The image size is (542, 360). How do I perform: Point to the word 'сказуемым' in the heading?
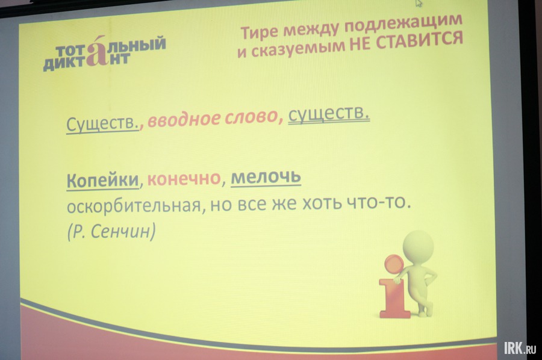[298, 49]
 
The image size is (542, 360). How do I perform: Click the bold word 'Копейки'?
[102, 180]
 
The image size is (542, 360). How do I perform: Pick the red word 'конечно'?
[184, 178]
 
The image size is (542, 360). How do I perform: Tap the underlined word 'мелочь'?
[266, 177]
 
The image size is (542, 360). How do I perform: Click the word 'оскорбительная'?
[134, 206]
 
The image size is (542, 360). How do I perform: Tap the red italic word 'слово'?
[251, 117]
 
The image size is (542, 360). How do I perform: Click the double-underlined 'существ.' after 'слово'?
[329, 113]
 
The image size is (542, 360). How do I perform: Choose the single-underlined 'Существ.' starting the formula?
[102, 123]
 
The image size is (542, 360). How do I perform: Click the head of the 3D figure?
[419, 246]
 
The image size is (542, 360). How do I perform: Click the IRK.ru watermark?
[520, 347]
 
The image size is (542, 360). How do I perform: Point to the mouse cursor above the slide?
[419, 3]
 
